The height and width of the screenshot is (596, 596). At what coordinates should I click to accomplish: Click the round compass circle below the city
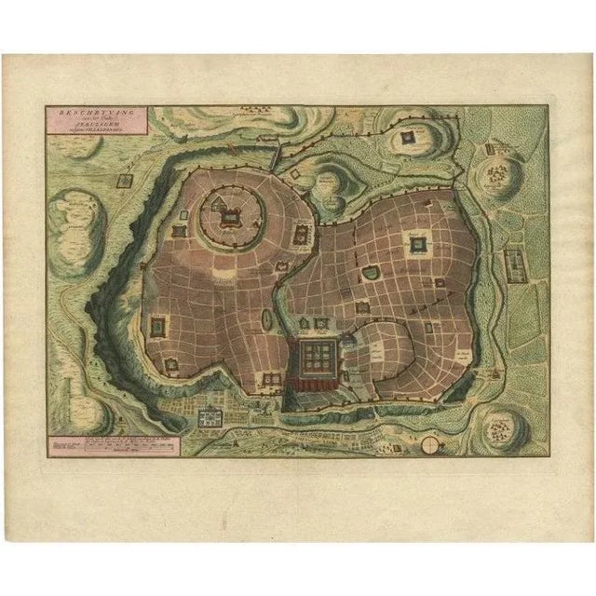coord(428,445)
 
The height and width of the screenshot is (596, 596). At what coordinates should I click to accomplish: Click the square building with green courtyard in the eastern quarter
coord(417,246)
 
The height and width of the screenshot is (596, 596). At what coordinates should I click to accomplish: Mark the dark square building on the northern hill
coord(408,139)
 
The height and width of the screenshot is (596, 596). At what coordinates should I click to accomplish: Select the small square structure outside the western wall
coord(123,183)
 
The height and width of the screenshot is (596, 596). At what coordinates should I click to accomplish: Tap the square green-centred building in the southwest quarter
coord(155,326)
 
